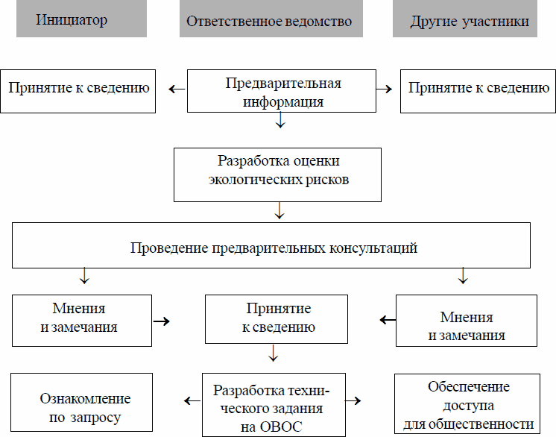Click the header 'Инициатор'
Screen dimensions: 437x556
(71, 19)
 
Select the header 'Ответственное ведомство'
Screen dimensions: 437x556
(270, 21)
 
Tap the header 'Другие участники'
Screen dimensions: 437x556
(470, 21)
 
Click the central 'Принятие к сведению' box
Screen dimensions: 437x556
(277, 318)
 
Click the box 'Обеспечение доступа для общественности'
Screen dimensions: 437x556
(468, 405)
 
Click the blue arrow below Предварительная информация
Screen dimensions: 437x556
(280, 121)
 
